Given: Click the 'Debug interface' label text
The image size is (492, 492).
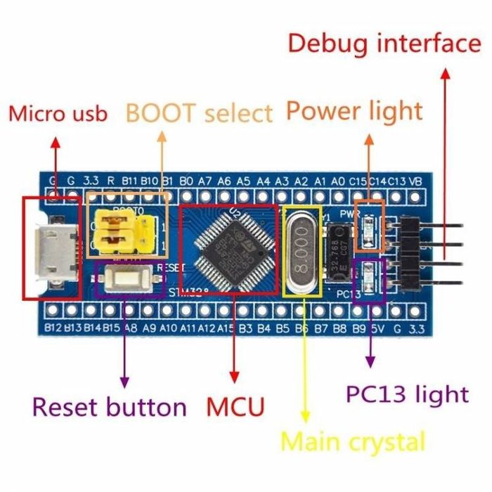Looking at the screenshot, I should [384, 44].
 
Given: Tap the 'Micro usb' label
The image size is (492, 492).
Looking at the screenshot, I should [58, 114].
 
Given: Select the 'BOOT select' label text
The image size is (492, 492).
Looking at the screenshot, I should [199, 112].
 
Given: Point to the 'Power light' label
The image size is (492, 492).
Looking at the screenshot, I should [354, 110].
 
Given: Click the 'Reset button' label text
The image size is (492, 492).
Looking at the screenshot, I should [110, 406].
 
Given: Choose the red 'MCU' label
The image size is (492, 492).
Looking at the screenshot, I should [235, 406].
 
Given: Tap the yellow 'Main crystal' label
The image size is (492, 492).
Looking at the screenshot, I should [353, 442].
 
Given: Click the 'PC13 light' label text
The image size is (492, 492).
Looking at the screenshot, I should [407, 394].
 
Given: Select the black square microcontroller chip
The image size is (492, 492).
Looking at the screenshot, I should [228, 250].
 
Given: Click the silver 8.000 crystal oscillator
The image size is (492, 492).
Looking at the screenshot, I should [303, 250].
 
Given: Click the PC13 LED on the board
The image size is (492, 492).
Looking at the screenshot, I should [370, 276].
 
